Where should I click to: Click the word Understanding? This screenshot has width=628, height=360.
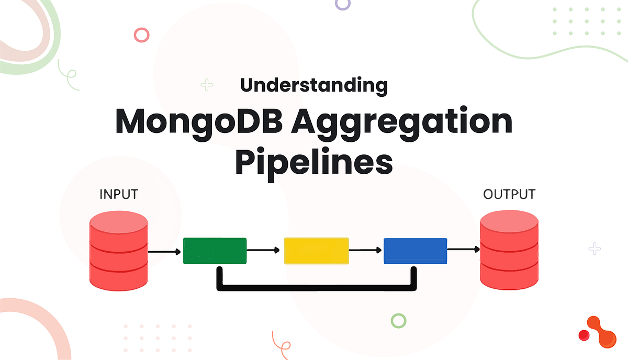(314, 85)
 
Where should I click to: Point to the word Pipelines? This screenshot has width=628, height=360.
(314, 162)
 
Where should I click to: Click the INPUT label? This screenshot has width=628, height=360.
(118, 194)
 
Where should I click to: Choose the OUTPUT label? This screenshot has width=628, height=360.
(509, 194)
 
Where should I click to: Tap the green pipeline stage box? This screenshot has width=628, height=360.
(215, 251)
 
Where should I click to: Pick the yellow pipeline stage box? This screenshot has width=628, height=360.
(316, 251)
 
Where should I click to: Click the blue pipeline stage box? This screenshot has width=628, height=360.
(416, 251)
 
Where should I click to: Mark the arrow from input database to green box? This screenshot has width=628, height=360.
(165, 252)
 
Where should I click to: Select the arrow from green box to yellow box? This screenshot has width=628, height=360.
(265, 251)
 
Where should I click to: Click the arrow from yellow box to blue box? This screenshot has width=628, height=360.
(366, 250)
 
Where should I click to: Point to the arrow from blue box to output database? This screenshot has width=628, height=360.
(464, 250)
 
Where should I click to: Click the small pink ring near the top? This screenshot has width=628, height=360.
(142, 35)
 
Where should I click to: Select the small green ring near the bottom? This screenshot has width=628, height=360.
(399, 321)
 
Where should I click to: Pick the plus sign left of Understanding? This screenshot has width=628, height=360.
(207, 85)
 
